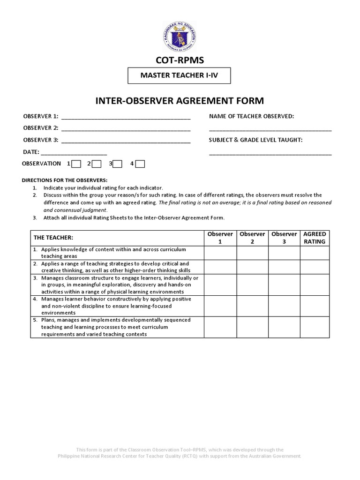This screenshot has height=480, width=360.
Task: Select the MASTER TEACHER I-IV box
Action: (180, 75)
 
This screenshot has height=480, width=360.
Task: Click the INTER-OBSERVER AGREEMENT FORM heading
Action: (180, 101)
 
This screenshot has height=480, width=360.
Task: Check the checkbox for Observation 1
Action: (76, 164)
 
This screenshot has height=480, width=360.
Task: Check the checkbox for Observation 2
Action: (97, 164)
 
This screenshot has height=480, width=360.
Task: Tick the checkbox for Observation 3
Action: (118, 164)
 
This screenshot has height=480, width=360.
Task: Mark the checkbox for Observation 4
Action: (140, 164)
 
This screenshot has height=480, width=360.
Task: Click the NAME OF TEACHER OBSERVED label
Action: (251, 116)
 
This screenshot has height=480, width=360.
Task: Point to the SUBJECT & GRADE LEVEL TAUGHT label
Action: (255, 140)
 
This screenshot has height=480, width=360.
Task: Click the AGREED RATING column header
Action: (315, 238)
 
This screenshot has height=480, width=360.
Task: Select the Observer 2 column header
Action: (252, 238)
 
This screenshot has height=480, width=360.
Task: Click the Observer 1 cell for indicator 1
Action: (220, 253)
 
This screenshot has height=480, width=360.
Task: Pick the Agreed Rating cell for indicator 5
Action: (315, 327)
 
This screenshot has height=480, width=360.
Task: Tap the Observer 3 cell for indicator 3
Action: (284, 285)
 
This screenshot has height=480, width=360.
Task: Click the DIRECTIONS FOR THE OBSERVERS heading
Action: (65, 180)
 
